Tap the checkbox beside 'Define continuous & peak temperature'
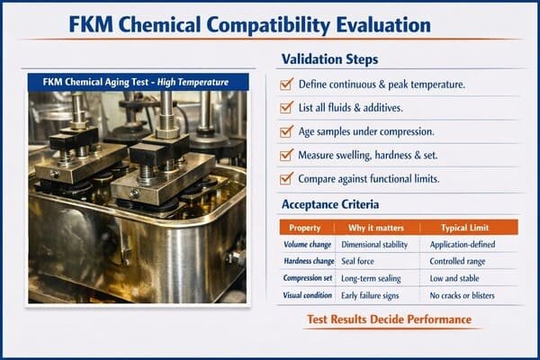287,84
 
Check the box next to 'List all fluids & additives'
287,108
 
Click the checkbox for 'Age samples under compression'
287,131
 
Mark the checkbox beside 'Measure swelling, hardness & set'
287,155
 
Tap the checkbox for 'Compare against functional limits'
287,178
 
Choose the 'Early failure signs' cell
376,294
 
